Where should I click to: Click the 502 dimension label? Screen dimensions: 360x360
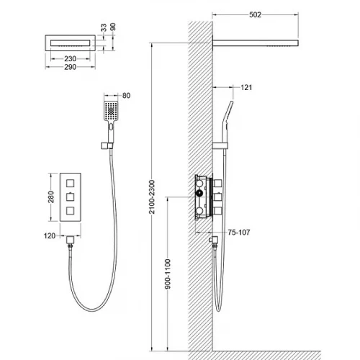tap(255, 14)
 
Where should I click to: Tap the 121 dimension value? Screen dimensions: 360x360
tap(246, 87)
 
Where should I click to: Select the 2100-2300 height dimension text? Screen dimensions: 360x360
tap(152, 197)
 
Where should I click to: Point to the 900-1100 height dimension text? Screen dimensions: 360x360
tap(168, 274)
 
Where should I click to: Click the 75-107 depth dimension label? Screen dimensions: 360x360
tap(239, 233)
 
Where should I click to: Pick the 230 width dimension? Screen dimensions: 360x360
tap(70, 58)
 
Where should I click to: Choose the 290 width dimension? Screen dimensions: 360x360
tap(70, 67)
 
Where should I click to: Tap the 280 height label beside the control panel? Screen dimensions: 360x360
tap(51, 197)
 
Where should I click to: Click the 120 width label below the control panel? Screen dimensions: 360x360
tap(50, 235)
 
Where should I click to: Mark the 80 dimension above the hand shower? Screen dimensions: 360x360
tap(126, 96)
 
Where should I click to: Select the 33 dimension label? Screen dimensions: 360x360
tap(104, 27)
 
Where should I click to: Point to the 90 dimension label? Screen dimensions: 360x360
tap(112, 27)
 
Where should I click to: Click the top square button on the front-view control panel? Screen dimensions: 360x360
tap(70, 184)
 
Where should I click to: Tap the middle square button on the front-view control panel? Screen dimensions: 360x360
tap(70, 197)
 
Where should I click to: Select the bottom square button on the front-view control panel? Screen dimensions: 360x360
tap(70, 211)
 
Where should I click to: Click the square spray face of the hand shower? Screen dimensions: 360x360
tap(111, 111)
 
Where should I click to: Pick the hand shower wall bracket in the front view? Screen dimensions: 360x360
tap(107, 145)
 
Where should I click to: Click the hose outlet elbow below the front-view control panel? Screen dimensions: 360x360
tap(70, 240)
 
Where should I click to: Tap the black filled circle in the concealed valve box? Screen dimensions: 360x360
tap(199, 193)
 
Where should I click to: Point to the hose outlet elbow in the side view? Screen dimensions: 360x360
tap(213, 240)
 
